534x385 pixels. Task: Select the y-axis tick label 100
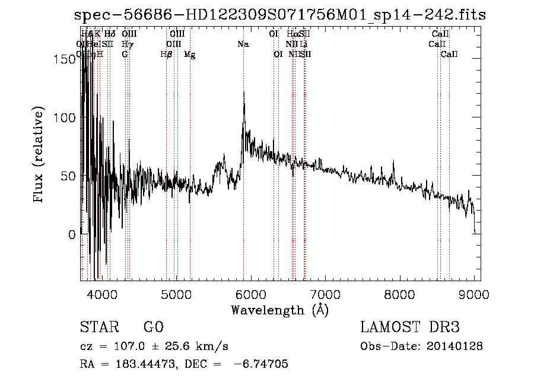65,117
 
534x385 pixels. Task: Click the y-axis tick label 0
72,234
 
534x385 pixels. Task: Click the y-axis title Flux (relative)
40,156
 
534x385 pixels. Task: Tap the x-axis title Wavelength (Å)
279,310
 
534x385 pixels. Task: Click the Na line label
243,44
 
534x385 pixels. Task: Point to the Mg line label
190,54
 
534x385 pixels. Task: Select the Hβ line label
166,54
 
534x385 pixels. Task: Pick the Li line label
304,44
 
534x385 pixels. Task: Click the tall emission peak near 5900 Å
244,94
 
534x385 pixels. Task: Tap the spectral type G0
154,327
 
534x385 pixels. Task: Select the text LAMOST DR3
409,327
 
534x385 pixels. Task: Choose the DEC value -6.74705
261,364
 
